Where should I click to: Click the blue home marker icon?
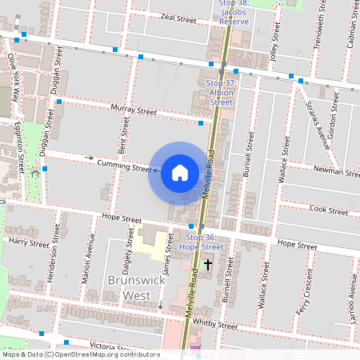(180, 173)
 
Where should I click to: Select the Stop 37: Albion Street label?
(221, 93)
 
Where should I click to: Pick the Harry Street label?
(28, 241)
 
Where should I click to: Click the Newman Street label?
(337, 172)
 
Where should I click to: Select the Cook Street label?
(328, 210)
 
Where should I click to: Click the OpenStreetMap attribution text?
(80, 354)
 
